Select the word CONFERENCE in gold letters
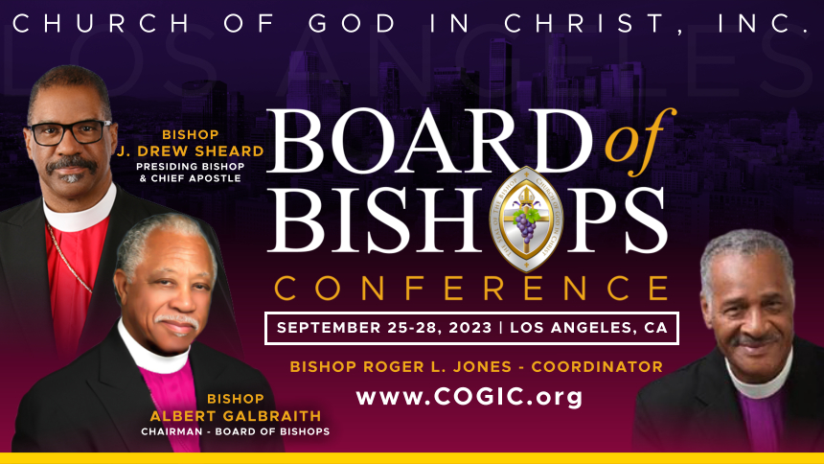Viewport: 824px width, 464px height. (x=471, y=287)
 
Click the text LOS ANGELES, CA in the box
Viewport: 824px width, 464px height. (x=588, y=328)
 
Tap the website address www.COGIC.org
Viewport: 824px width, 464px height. (x=469, y=396)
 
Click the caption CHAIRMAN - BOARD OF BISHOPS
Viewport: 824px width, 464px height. (x=235, y=431)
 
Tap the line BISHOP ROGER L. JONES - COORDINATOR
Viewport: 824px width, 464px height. (x=476, y=366)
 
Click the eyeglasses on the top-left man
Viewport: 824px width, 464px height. (x=69, y=131)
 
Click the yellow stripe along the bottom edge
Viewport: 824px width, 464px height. (x=412, y=457)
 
